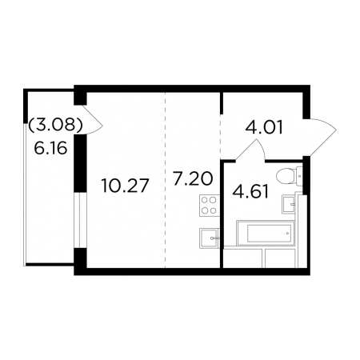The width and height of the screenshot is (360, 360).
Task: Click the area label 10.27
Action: click(x=125, y=186)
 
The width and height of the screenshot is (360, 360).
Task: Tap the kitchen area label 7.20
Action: click(x=193, y=178)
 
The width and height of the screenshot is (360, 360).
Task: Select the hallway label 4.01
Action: click(x=264, y=128)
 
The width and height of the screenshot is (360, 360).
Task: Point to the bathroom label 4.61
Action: click(x=250, y=192)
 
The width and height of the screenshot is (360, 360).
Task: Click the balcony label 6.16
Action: click(x=50, y=148)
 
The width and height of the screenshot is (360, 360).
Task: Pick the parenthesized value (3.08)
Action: click(x=55, y=125)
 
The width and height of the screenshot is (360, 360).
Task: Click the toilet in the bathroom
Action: click(x=290, y=176)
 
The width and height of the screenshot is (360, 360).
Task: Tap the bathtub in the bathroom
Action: click(x=266, y=233)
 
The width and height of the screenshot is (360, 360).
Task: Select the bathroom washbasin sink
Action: click(x=290, y=204)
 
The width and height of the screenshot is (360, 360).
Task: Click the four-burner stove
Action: click(x=210, y=206)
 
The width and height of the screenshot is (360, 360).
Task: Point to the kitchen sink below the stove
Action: click(x=210, y=238)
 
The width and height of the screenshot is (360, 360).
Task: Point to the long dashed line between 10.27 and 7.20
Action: click(x=165, y=180)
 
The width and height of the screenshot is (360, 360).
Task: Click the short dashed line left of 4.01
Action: click(x=220, y=137)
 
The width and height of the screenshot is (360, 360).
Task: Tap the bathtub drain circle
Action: click(x=287, y=233)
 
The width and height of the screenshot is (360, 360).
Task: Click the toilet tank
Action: click(x=300, y=176)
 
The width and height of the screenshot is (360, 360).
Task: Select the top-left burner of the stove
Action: click(x=205, y=200)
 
